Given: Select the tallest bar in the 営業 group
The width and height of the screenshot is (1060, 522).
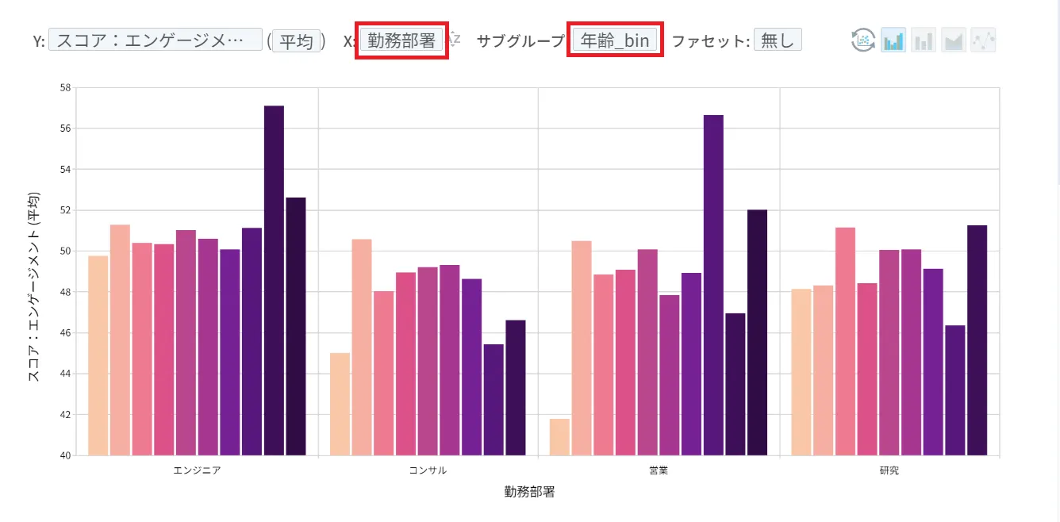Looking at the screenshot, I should coord(713,285).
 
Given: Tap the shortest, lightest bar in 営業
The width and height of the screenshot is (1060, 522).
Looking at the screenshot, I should coord(559,437).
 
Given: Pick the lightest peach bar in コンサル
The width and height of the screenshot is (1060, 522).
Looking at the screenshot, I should coord(340,404).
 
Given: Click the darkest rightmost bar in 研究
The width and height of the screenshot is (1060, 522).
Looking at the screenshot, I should coord(977,340).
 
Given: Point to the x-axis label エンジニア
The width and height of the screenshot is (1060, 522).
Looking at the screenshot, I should coord(197,470).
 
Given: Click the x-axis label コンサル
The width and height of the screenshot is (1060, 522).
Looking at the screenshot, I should coord(427,470).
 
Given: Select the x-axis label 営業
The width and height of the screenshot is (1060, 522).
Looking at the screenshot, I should coord(658,470).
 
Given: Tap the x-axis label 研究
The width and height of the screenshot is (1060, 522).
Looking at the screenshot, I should coord(889,470).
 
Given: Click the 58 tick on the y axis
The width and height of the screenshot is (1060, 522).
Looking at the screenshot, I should coord(64,87).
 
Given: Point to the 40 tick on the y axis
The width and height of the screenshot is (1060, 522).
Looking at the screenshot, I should coord(64,455).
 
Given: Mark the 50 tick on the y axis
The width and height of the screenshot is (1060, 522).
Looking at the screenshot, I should coord(64,251).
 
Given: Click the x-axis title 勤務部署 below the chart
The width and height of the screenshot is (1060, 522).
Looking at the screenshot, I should coord(529,492).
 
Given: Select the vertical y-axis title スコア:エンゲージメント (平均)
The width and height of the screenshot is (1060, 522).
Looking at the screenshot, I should coord(34,287).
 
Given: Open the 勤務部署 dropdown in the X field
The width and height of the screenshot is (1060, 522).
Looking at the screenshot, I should coord(401,40).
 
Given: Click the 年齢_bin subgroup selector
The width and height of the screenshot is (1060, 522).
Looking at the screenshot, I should coord(615,40).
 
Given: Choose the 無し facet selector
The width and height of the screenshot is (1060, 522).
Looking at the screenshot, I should coord(777,40).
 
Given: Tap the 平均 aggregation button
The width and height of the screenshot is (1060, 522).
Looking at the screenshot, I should coord(298,40).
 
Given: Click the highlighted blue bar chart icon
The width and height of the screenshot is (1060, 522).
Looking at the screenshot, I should coord(893,40).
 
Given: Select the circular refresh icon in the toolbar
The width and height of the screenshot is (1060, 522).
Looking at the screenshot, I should coord(863,40).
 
